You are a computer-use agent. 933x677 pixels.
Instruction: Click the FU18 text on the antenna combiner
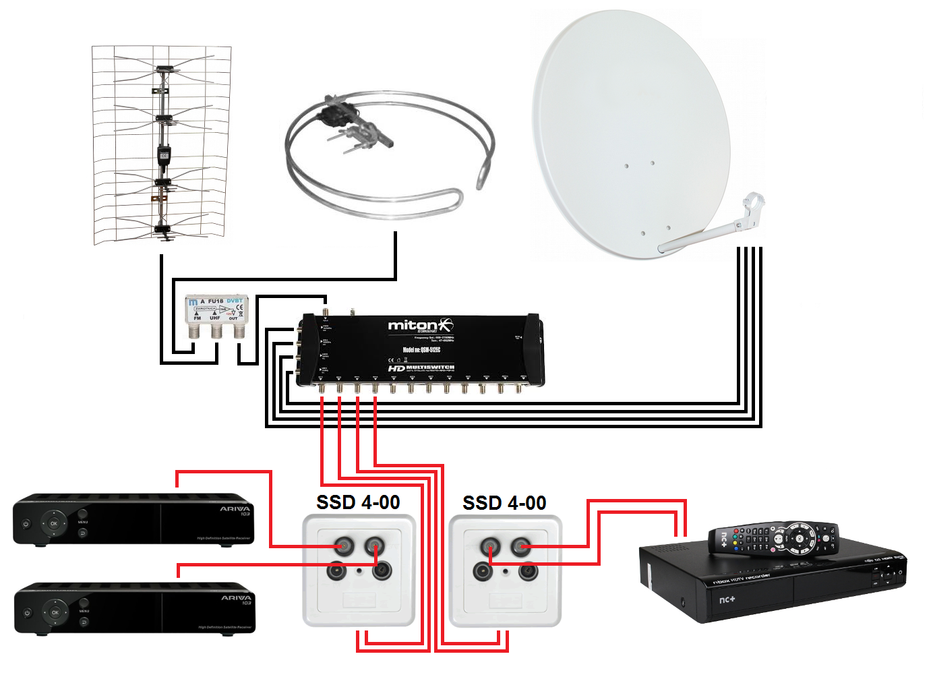tap(216, 301)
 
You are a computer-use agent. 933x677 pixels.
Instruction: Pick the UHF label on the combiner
tap(215, 318)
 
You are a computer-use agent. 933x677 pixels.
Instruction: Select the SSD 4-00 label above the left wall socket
tap(358, 502)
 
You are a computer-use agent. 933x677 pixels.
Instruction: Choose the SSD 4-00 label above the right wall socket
tap(504, 503)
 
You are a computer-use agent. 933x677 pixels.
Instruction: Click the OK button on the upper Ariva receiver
tap(54, 523)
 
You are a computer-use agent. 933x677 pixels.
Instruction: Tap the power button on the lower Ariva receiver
tap(27, 613)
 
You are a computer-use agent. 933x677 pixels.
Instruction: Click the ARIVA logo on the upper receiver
tap(235, 509)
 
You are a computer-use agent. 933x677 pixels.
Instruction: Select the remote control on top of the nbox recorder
tap(775, 539)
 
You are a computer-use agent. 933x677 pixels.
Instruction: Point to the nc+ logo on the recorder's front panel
tap(727, 599)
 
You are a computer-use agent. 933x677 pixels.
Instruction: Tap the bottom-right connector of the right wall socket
tap(527, 572)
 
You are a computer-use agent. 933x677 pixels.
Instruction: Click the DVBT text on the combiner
tap(235, 301)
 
